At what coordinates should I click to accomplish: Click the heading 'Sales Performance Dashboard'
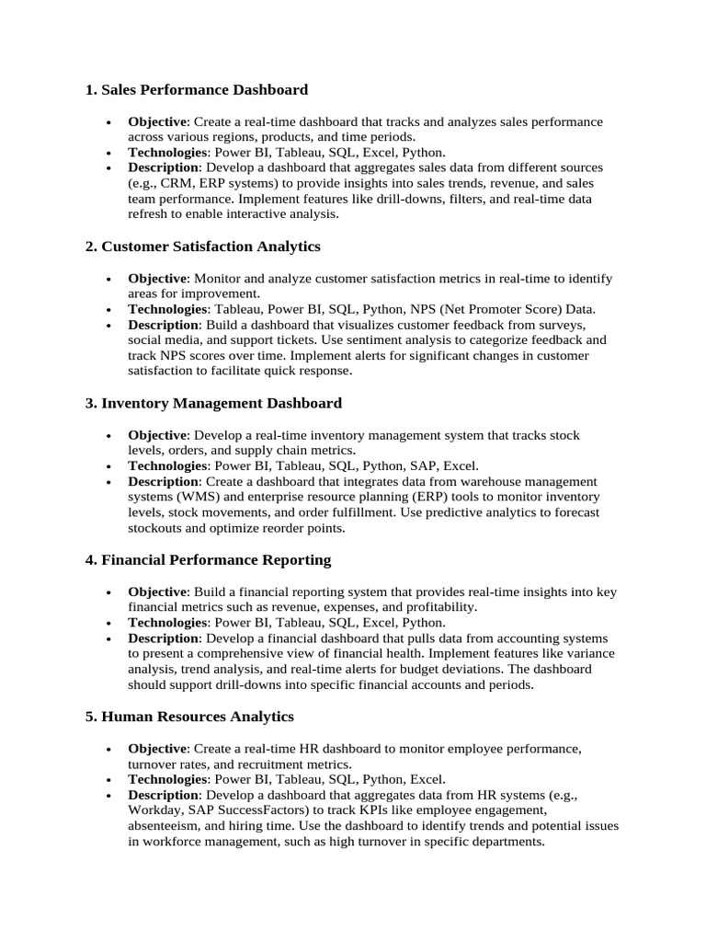(196, 89)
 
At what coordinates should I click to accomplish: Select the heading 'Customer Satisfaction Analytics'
(202, 246)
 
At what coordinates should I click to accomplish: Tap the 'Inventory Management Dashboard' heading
(212, 403)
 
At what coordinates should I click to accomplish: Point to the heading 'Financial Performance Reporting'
(208, 559)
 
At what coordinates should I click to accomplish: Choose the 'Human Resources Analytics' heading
(189, 716)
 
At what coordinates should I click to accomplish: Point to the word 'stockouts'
(157, 528)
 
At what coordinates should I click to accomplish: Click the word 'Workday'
(156, 810)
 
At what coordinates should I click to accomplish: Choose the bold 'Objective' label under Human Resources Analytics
(157, 748)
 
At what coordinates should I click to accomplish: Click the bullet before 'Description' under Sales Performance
(108, 168)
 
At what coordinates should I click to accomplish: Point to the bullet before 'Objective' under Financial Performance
(108, 592)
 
